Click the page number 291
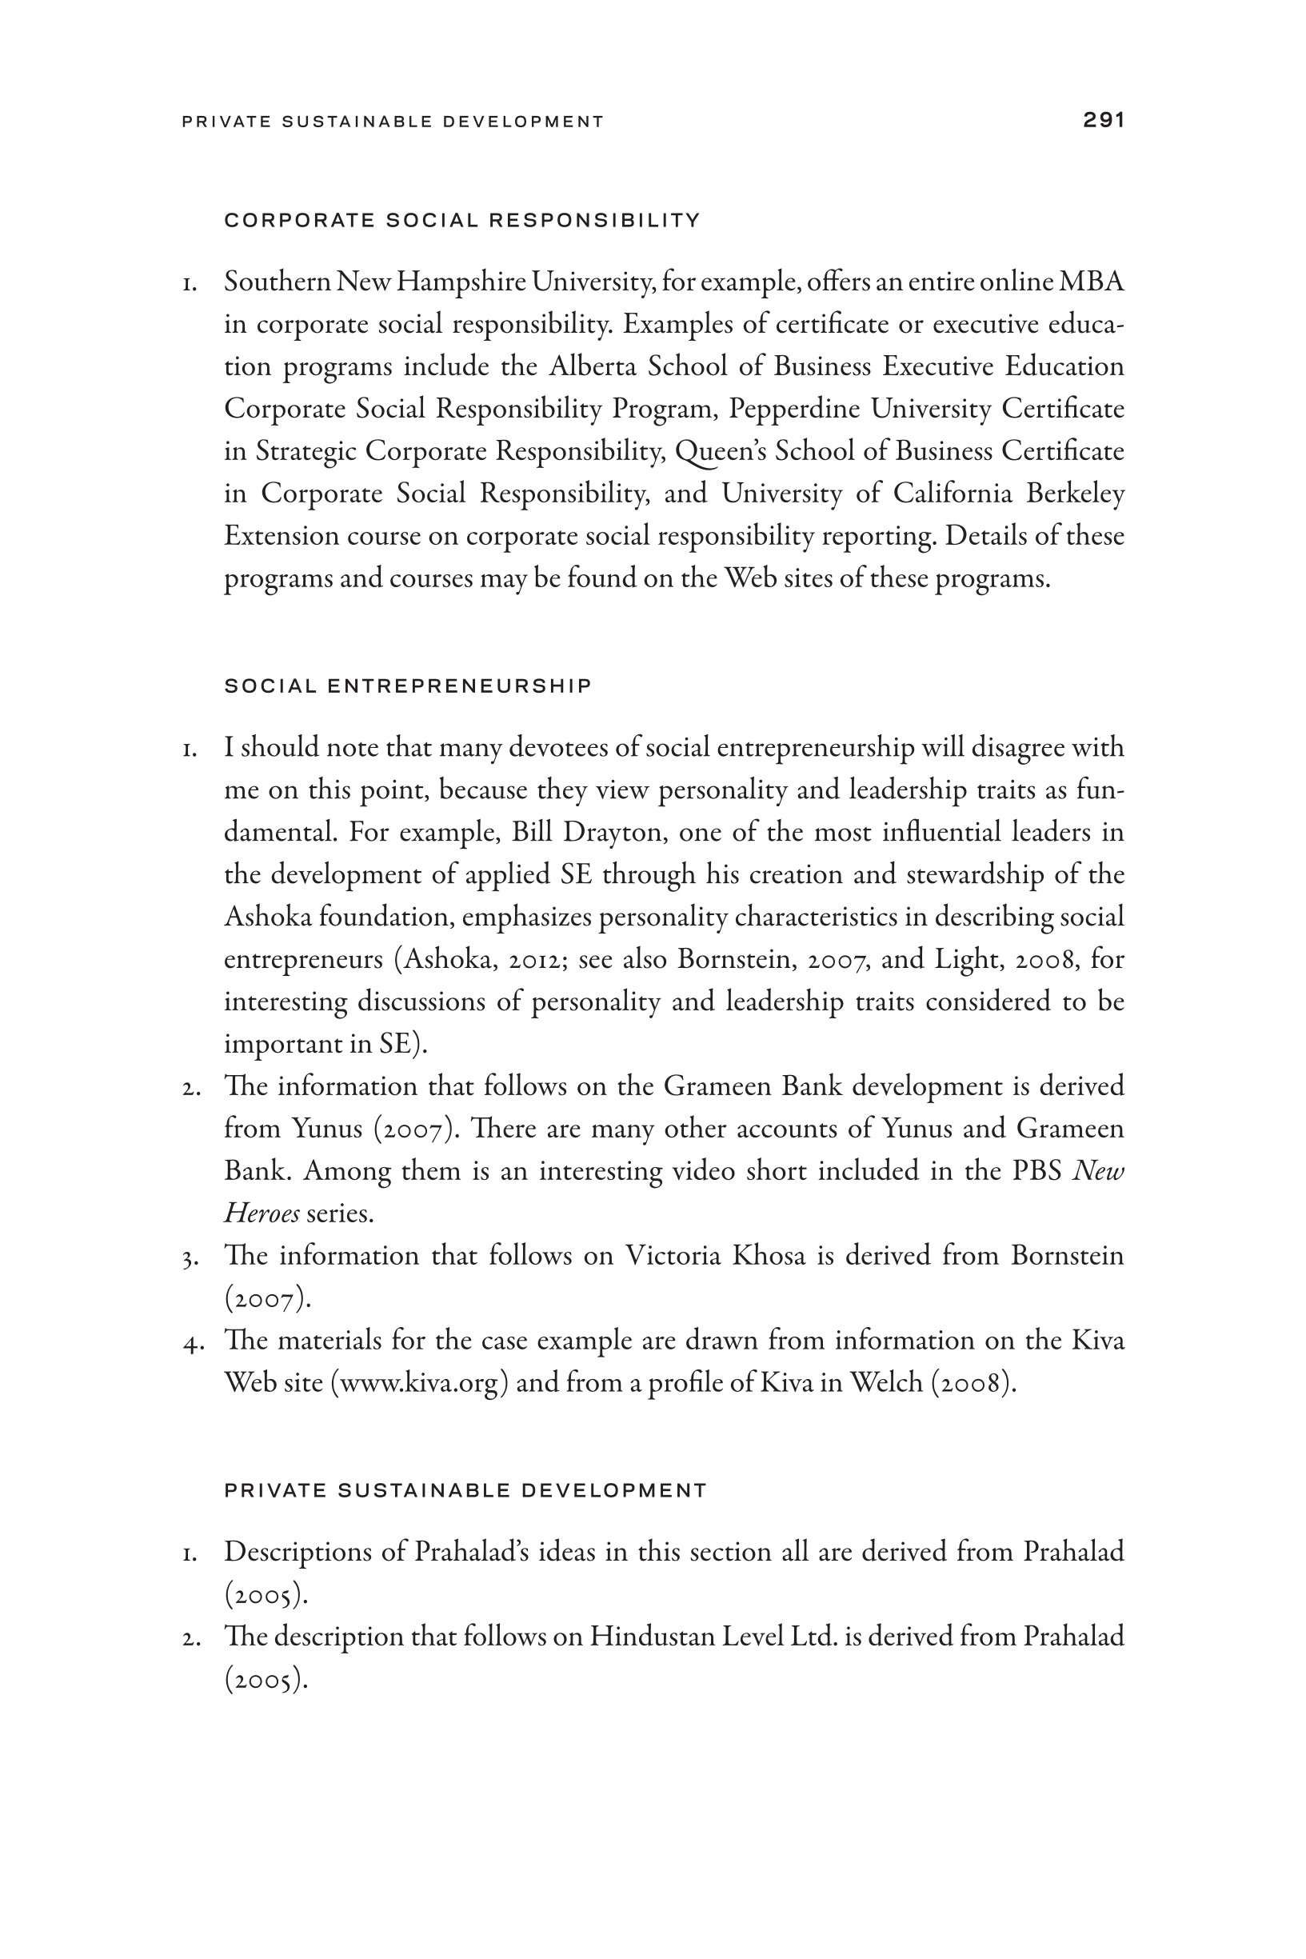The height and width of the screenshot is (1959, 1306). [x=1104, y=120]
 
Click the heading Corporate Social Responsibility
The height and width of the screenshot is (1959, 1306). [x=462, y=221]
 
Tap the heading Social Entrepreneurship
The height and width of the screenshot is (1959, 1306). [x=408, y=686]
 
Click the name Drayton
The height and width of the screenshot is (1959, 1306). [x=611, y=832]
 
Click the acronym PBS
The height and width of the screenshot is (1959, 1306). [x=1036, y=1171]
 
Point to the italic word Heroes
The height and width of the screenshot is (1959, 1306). [x=261, y=1213]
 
